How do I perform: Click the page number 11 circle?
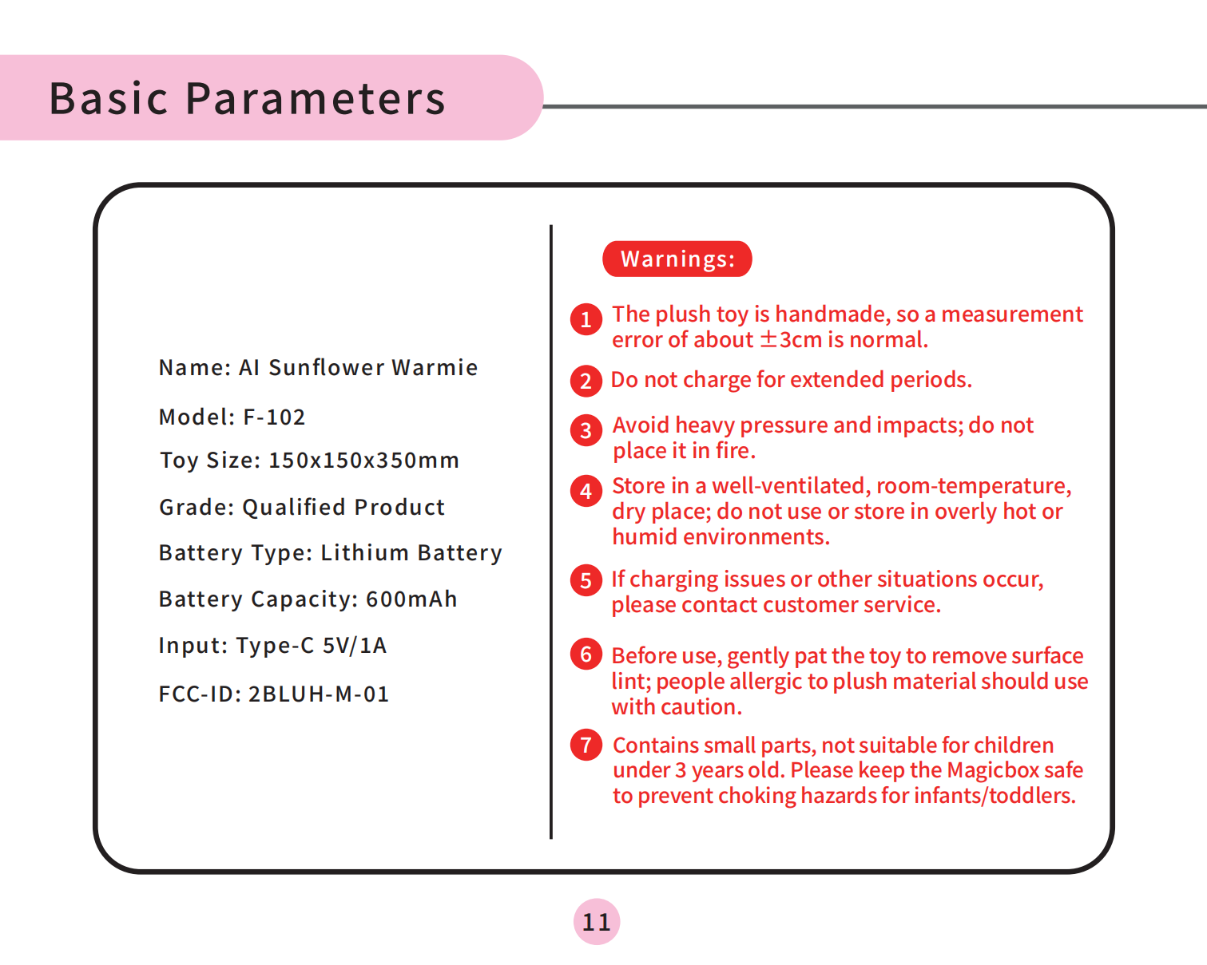tap(596, 922)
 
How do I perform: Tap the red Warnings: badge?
tap(677, 259)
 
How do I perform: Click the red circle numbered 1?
tap(586, 319)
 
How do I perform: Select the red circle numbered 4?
tap(586, 491)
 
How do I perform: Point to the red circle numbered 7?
tap(586, 745)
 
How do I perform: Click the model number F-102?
tap(274, 417)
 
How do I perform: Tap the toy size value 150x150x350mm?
tap(364, 460)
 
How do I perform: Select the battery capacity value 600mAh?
tap(411, 599)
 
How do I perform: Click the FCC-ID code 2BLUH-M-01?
tap(319, 694)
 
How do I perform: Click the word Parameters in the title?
tap(316, 99)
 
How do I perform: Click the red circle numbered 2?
tap(586, 381)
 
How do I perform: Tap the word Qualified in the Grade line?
tap(294, 508)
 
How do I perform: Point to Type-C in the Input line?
tap(275, 646)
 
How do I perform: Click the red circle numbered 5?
tap(586, 580)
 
